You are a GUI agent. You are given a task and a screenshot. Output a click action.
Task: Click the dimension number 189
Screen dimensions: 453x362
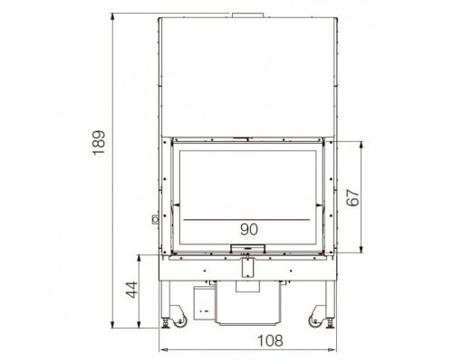tap(99, 142)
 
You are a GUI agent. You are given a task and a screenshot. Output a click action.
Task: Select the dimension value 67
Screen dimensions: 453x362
tap(353, 197)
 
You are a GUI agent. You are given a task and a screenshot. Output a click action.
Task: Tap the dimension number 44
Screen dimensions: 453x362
tap(131, 290)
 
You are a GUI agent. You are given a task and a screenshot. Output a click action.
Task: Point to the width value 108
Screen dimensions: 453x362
tap(270, 340)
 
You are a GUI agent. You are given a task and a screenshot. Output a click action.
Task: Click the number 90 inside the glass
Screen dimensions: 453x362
tap(249, 230)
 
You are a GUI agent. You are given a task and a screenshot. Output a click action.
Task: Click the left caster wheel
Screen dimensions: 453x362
tap(180, 320)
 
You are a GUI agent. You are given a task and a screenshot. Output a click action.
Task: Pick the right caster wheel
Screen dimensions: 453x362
tap(315, 320)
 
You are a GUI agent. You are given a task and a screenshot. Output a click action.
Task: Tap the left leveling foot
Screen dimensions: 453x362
tap(166, 323)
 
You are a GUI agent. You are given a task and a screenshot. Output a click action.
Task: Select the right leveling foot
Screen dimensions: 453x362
tap(330, 323)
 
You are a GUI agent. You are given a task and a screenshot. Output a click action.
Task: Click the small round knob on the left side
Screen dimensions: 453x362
tap(156, 219)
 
